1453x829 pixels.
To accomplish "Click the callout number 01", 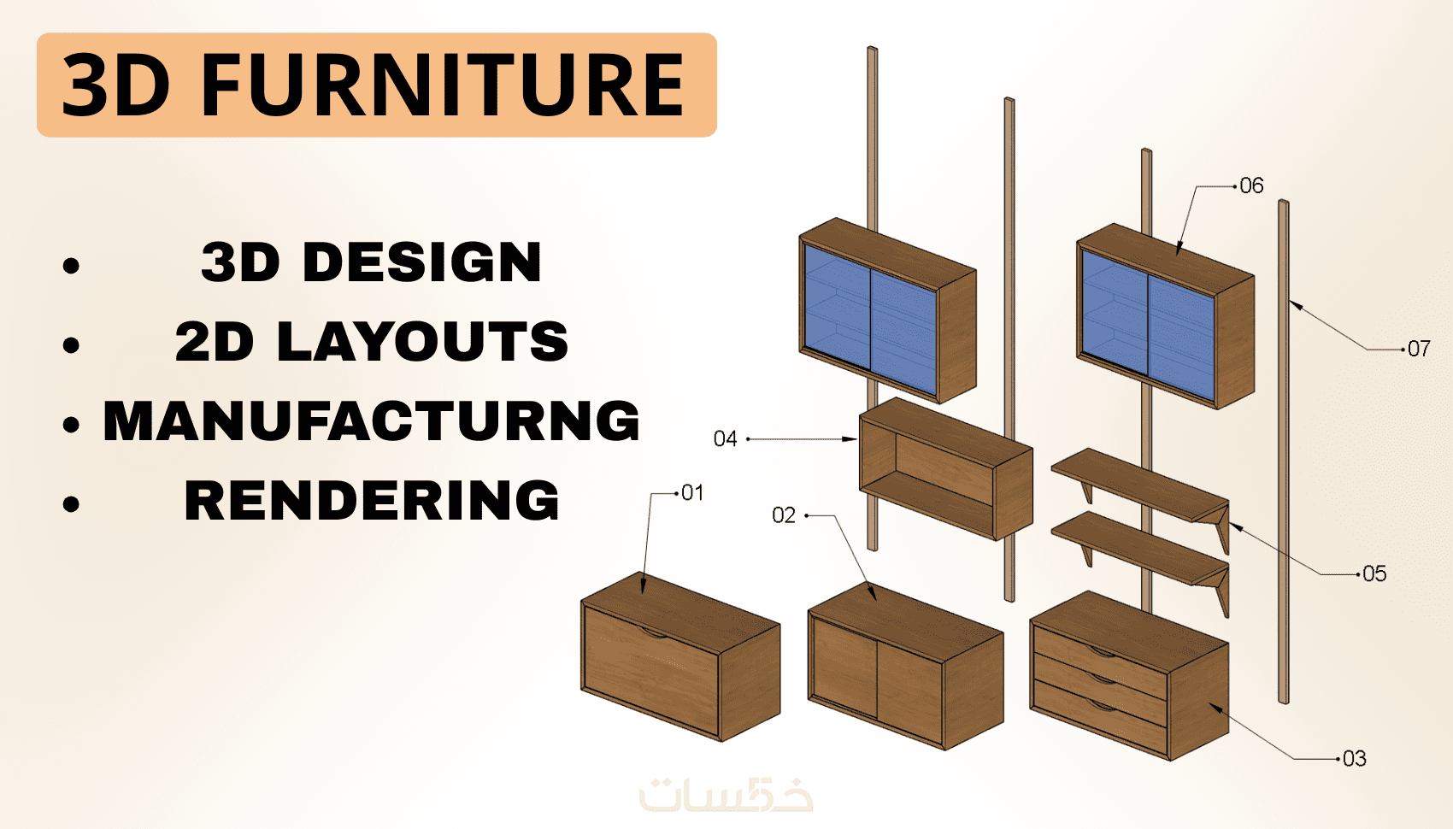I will pos(693,493).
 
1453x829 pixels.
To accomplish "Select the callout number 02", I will pos(783,515).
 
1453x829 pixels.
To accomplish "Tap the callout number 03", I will pos(1354,759).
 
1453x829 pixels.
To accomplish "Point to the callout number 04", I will pos(725,439).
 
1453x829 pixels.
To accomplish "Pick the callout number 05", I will pos(1374,574).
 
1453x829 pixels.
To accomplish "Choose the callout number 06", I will pos(1251,186).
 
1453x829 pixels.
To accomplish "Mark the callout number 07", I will pos(1419,349).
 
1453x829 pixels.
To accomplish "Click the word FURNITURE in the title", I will pos(443,85).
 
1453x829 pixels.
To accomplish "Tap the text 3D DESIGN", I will pos(371,262).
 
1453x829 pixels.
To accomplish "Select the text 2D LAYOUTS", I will pos(371,341).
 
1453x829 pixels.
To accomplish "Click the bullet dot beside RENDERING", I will pos(71,504).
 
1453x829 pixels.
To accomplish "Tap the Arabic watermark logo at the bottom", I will pos(726,795).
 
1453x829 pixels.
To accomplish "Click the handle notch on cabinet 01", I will pos(655,632).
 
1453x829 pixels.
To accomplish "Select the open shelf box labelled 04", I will pos(944,469).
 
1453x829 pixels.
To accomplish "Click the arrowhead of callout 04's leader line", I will pos(851,439).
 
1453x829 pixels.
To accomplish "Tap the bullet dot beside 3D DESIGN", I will pos(71,265).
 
